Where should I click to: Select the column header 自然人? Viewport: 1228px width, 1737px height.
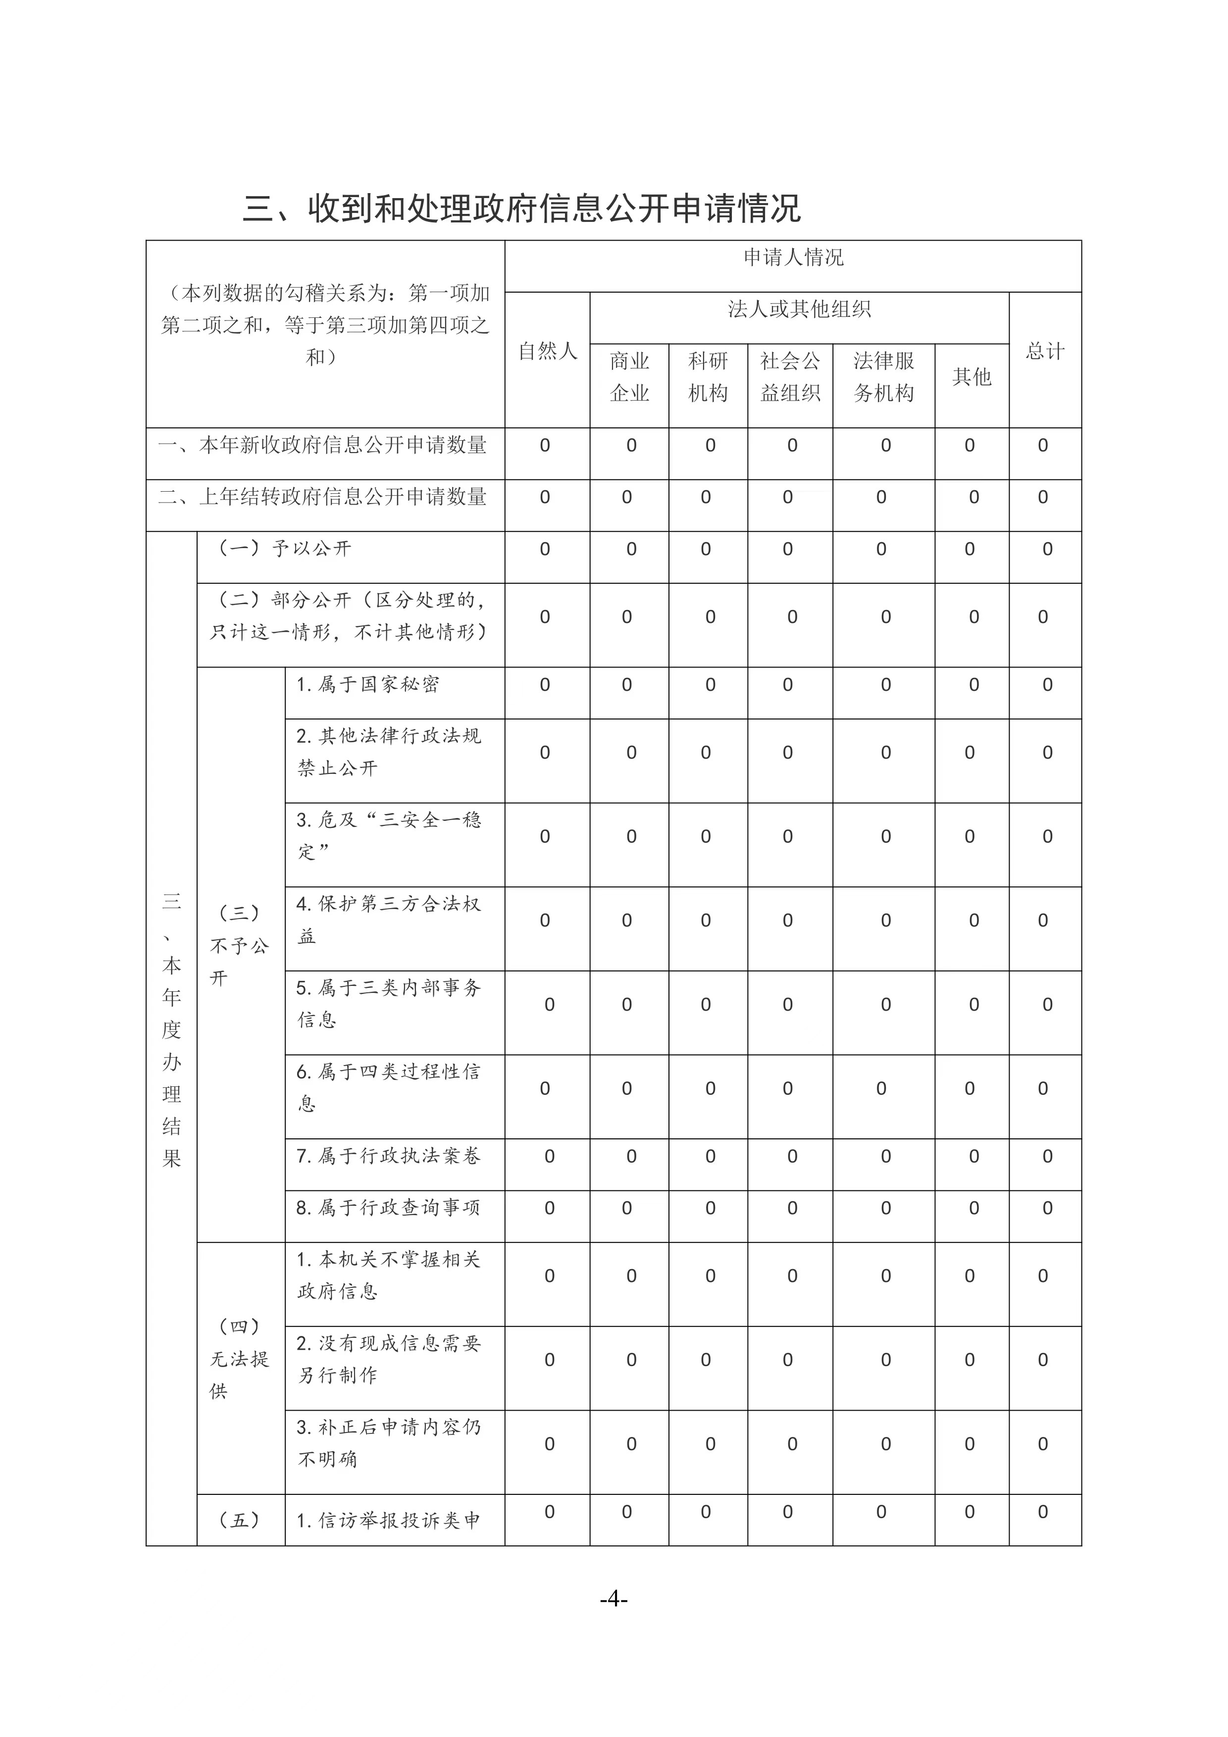[x=547, y=351]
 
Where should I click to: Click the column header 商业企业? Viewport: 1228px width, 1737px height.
[x=629, y=377]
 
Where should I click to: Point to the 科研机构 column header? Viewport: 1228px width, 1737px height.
[x=708, y=377]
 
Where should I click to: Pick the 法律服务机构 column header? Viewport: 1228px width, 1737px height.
[x=884, y=377]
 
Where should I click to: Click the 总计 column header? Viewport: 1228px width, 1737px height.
[x=1045, y=351]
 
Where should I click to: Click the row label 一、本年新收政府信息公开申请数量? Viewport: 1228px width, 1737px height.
[x=323, y=445]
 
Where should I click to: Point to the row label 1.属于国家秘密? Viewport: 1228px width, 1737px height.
[x=368, y=685]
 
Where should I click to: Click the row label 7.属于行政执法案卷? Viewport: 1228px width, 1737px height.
[x=388, y=1156]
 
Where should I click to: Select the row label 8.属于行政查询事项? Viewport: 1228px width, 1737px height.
[x=388, y=1208]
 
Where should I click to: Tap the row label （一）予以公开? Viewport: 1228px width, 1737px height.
[x=285, y=549]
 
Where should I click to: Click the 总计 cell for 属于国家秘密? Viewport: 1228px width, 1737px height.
[x=1047, y=685]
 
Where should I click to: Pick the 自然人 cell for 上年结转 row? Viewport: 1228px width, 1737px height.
[x=545, y=497]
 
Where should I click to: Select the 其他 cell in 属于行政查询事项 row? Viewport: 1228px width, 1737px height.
[x=974, y=1208]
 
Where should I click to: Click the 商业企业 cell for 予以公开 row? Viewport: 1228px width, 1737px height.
[x=631, y=549]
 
